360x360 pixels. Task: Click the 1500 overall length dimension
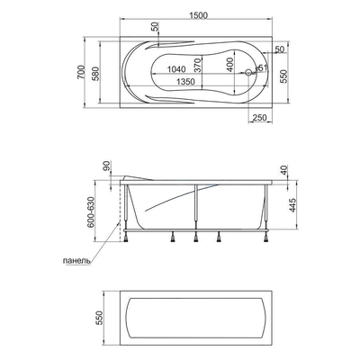[198, 15]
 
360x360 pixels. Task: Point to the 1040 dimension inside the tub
[176, 69]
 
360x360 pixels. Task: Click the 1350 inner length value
[185, 81]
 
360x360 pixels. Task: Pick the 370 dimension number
[197, 65]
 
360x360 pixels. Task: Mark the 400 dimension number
[229, 65]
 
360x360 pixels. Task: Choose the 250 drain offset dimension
[259, 118]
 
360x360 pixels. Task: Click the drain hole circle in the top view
[248, 72]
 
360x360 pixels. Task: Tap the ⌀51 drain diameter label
[261, 67]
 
